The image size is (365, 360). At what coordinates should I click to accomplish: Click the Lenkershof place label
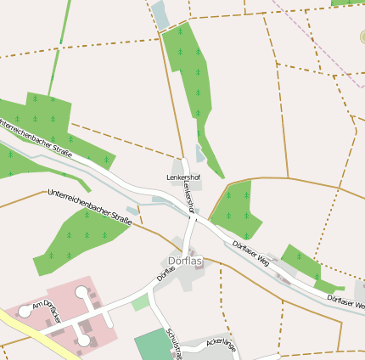pyautogui.click(x=182, y=177)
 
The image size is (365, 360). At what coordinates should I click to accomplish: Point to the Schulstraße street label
pyautogui.click(x=175, y=343)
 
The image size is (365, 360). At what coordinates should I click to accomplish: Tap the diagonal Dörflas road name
pyautogui.click(x=166, y=273)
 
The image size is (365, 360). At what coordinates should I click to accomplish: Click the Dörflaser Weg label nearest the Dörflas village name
pyautogui.click(x=251, y=253)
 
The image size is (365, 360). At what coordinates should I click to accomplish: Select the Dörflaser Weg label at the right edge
pyautogui.click(x=346, y=301)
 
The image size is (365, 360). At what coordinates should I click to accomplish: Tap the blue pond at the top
pyautogui.click(x=160, y=14)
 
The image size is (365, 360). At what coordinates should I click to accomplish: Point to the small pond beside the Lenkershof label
pyautogui.click(x=200, y=154)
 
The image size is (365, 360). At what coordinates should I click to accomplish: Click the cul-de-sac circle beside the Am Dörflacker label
pyautogui.click(x=25, y=312)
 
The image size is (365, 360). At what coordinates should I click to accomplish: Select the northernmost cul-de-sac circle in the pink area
pyautogui.click(x=81, y=293)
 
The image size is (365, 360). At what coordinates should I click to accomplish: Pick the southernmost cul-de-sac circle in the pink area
pyautogui.click(x=83, y=340)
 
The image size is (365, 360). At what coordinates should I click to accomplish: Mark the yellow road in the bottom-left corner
pyautogui.click(x=25, y=330)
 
